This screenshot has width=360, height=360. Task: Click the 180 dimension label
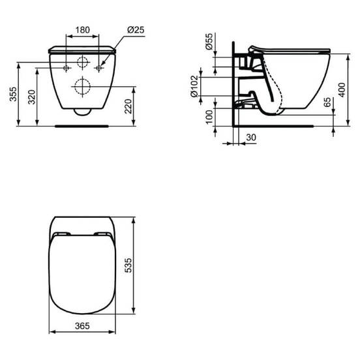tap(83, 30)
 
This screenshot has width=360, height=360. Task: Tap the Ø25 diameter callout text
tap(136, 30)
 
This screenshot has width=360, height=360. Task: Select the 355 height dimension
tap(13, 94)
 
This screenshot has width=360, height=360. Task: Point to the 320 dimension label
tap(32, 97)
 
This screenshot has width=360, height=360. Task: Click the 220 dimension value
tap(128, 106)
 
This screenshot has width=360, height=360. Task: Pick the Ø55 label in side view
tap(209, 41)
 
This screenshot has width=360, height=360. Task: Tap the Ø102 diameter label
tap(194, 86)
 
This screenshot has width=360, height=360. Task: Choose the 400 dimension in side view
tap(342, 90)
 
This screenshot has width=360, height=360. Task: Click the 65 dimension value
tap(327, 102)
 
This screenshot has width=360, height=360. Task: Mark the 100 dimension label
tap(209, 117)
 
